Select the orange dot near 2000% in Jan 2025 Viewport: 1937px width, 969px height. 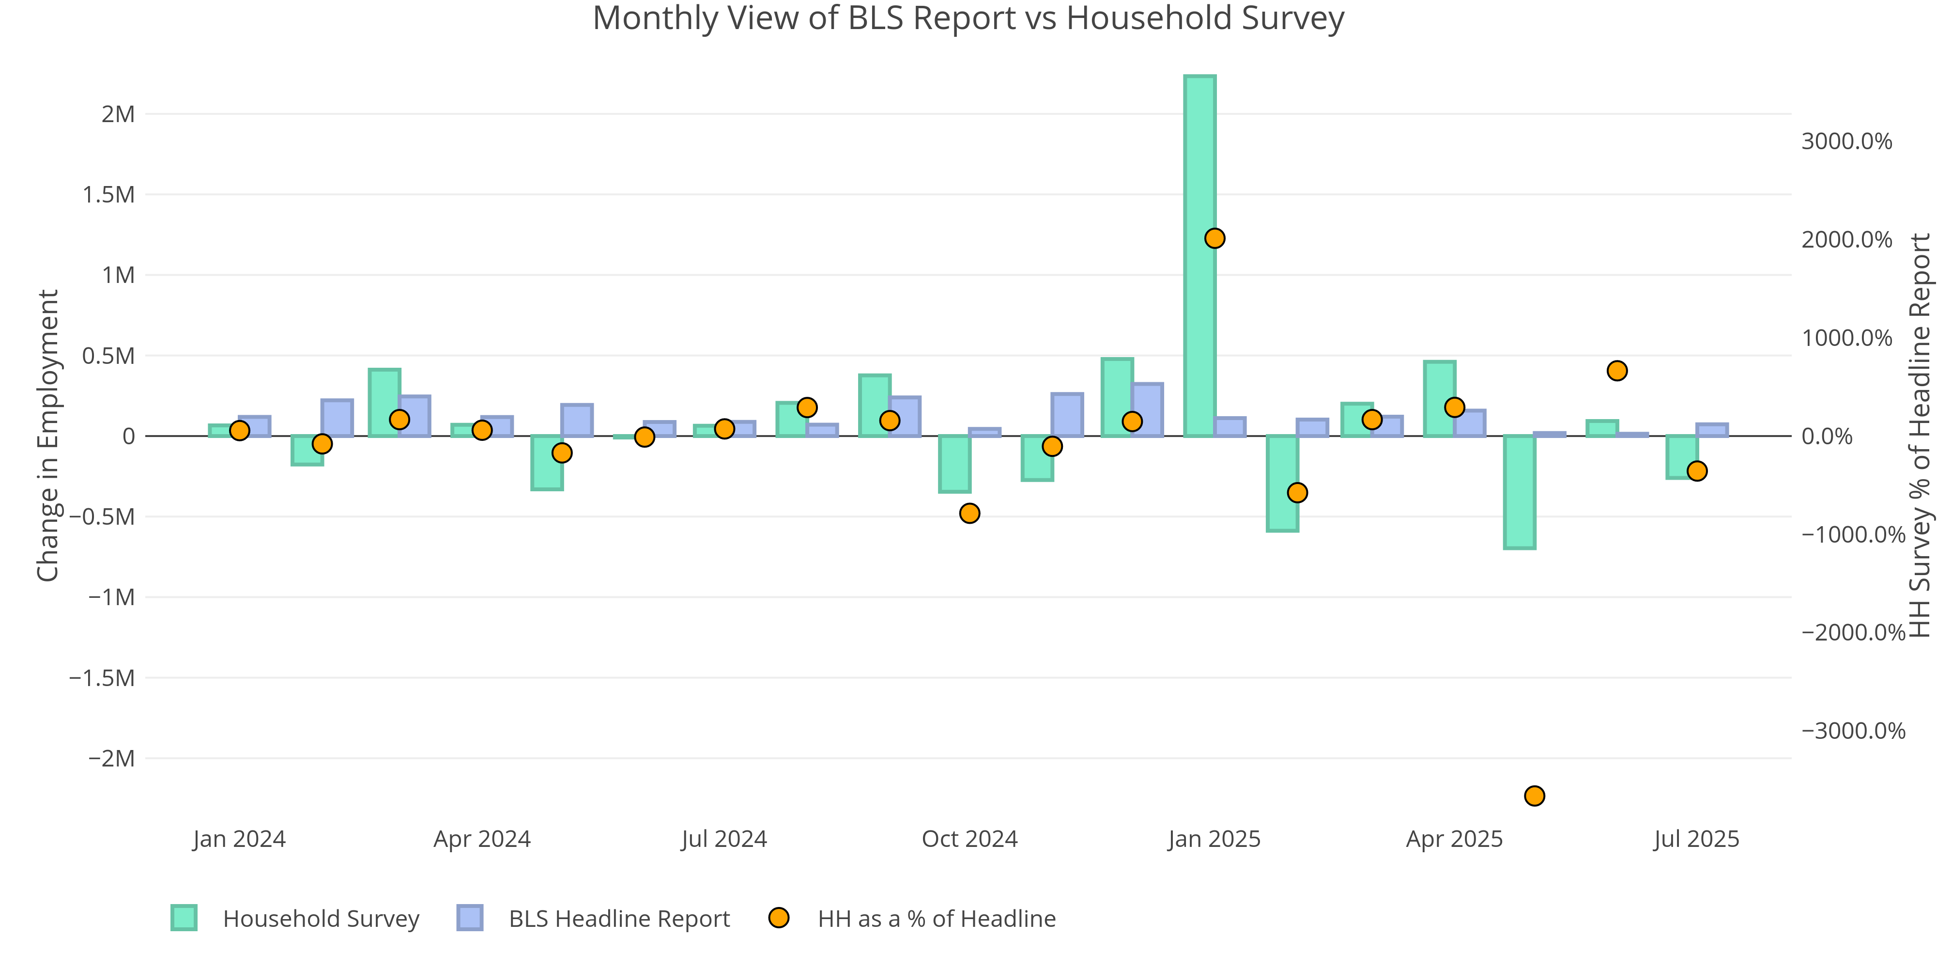click(x=1214, y=238)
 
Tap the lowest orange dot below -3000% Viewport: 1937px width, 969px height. click(x=1535, y=796)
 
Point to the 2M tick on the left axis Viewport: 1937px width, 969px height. click(x=118, y=114)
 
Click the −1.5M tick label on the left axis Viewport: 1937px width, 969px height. click(x=102, y=678)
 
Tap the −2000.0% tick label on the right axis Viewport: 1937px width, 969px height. click(x=1853, y=633)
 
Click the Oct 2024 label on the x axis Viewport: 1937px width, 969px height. click(x=969, y=839)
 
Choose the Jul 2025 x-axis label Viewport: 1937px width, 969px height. click(x=1696, y=839)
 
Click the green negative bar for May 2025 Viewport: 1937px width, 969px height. click(x=1520, y=492)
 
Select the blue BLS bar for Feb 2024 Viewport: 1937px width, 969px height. click(x=337, y=418)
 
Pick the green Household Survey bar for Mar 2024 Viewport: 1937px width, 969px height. click(x=384, y=403)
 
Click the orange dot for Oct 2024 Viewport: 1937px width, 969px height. click(x=970, y=513)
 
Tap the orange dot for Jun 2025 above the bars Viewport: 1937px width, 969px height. click(x=1617, y=371)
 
